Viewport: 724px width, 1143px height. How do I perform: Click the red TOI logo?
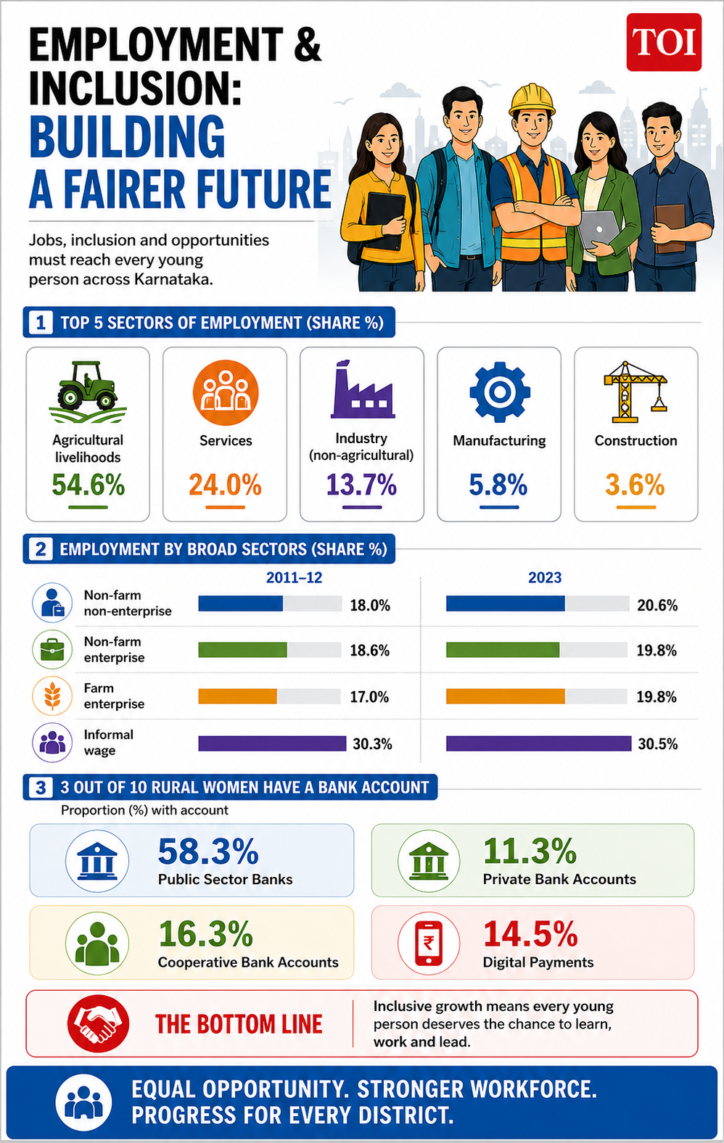(664, 42)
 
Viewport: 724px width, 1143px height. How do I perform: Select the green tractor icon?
(88, 392)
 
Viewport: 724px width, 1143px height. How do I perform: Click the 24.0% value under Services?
(225, 484)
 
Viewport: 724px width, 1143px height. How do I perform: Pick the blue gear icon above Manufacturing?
(499, 392)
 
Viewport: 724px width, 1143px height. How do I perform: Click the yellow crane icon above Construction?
(635, 392)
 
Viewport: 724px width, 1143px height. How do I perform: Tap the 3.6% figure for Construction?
(635, 484)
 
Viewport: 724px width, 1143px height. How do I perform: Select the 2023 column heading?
(545, 577)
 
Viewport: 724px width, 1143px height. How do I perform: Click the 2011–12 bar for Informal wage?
(272, 743)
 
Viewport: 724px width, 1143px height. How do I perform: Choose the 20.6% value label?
(657, 605)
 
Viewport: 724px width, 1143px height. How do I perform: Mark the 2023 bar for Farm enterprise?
(506, 696)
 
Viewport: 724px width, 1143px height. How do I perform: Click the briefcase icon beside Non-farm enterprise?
(52, 650)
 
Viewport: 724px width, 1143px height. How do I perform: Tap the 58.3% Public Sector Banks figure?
(208, 851)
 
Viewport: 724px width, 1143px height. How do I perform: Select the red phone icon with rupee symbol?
(428, 943)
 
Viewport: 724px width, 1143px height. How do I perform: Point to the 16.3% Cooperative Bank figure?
(206, 934)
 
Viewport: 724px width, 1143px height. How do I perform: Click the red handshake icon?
(98, 1023)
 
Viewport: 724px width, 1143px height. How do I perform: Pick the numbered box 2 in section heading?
(41, 549)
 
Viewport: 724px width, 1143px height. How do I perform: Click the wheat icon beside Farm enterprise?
(52, 696)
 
